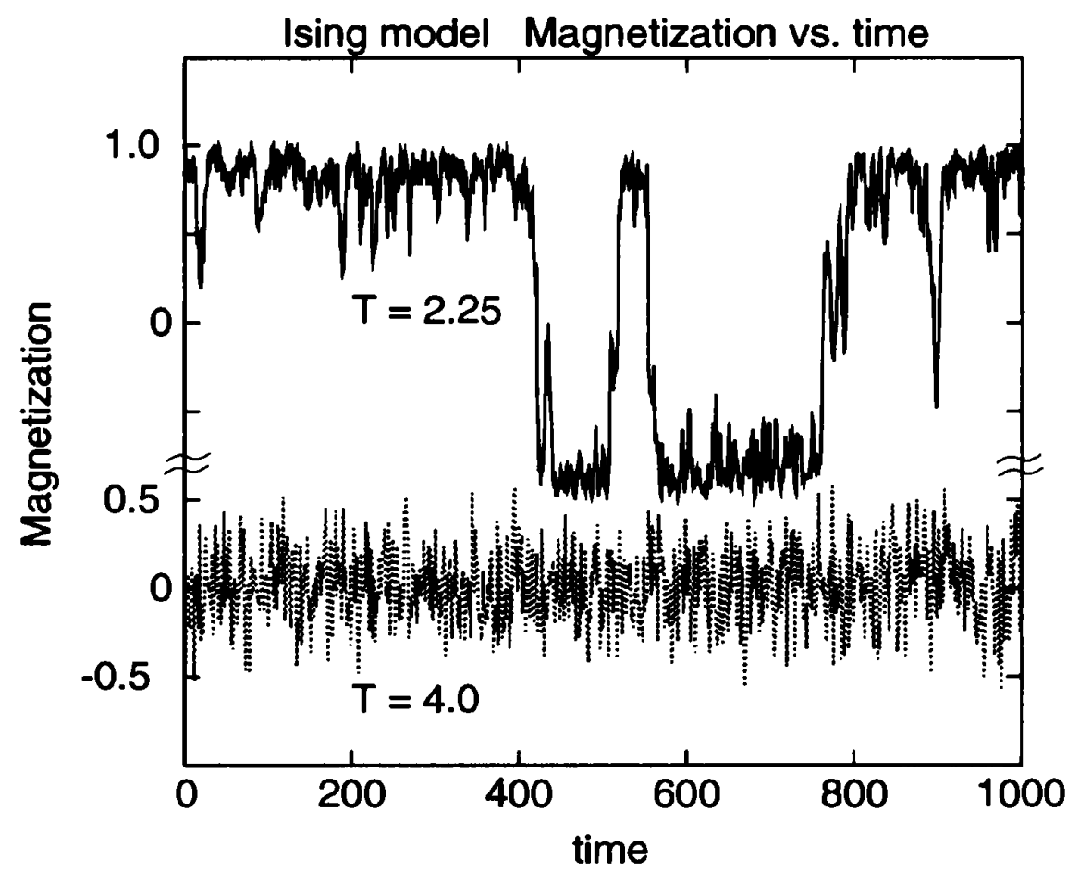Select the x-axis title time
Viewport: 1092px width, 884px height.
tap(604, 848)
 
